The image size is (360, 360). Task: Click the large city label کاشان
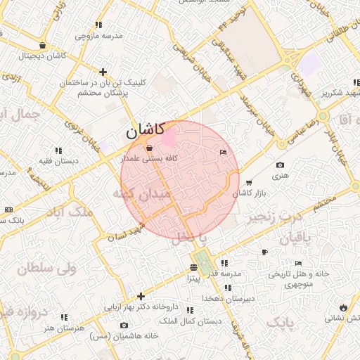pos(146,130)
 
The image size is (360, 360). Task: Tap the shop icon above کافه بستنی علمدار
pos(148,148)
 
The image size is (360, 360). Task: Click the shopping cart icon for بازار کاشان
pos(249,183)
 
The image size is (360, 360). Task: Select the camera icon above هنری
pos(281,165)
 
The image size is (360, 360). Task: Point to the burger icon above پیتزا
pos(193,267)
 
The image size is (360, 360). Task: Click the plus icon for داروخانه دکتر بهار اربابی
pos(141,297)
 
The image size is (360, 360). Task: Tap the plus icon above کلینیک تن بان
pos(103,72)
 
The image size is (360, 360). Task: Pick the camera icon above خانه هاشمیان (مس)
pos(124,325)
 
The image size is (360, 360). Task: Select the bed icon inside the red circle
pos(223,153)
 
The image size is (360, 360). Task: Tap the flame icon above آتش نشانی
pos(342,307)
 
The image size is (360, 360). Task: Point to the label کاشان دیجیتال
pos(44,55)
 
